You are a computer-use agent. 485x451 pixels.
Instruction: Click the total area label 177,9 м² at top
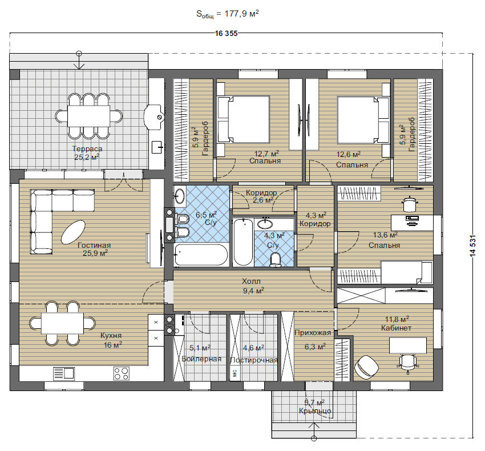(241, 14)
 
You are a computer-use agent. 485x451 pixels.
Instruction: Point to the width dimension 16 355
(226, 34)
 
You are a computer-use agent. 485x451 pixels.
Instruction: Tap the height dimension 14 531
(472, 246)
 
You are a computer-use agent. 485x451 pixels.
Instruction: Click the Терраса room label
(87, 148)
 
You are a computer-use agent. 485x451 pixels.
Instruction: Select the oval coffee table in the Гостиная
(73, 232)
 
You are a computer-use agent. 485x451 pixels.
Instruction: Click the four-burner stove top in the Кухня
(121, 373)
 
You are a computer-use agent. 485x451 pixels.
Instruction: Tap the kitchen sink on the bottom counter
(64, 373)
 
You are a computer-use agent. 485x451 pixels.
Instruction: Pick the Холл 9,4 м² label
(253, 285)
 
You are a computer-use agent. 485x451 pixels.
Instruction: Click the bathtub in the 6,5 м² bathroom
(201, 255)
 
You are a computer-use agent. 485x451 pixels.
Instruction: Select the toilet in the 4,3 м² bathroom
(275, 259)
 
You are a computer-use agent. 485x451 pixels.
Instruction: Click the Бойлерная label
(201, 359)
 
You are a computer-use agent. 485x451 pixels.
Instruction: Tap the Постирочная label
(254, 360)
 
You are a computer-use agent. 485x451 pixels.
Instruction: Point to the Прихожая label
(313, 333)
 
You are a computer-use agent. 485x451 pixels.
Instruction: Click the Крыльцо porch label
(315, 411)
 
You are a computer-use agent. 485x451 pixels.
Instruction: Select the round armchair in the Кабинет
(366, 367)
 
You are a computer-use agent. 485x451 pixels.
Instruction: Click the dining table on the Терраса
(88, 116)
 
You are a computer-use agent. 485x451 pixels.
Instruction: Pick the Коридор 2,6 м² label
(262, 196)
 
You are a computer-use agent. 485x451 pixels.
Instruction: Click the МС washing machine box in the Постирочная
(234, 373)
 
